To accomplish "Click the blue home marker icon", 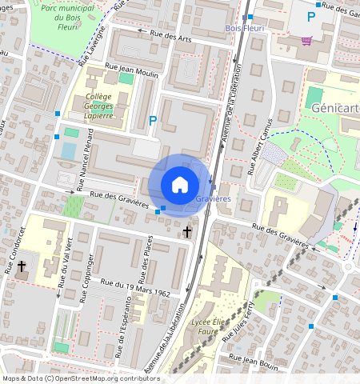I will click(180, 185).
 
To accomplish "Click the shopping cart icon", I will click(306, 40).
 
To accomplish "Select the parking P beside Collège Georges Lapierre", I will click(152, 122).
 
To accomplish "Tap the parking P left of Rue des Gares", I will click(334, 16).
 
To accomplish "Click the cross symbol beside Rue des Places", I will click(187, 232).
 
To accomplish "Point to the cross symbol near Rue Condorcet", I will click(22, 265).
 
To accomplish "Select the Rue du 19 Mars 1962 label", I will click(137, 286).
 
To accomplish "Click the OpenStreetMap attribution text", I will click(80, 378).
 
